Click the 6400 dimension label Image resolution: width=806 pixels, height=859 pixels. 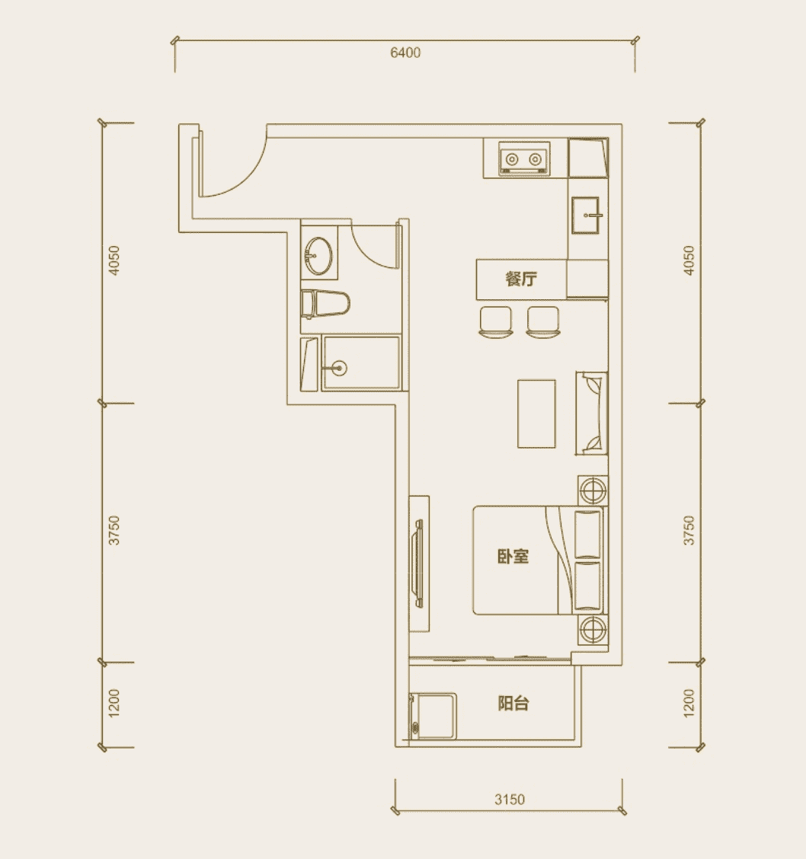[x=405, y=53]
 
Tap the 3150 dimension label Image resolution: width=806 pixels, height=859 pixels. [x=510, y=800]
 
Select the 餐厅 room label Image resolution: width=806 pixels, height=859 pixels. [x=521, y=279]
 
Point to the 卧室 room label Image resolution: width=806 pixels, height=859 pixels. [x=513, y=557]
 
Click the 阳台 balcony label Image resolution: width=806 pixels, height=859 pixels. [x=513, y=704]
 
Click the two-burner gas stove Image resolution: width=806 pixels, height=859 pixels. [x=524, y=159]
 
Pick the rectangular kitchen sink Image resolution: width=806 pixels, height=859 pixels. [x=587, y=216]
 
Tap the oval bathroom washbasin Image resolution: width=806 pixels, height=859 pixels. [x=318, y=255]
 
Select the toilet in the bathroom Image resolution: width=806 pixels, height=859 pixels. [x=325, y=304]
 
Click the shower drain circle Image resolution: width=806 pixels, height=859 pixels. [x=340, y=368]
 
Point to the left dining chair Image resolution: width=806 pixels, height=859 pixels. [x=495, y=321]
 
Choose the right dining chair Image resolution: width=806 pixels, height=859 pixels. [x=542, y=321]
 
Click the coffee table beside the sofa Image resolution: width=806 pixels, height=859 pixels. [x=536, y=414]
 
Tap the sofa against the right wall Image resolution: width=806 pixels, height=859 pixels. [x=591, y=414]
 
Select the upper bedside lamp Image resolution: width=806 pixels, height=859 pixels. [x=593, y=490]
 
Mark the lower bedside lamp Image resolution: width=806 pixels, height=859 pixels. [x=593, y=630]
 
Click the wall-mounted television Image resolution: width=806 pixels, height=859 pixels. [x=418, y=564]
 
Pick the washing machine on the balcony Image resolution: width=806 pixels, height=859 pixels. [x=433, y=716]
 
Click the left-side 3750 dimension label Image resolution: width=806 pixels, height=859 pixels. [x=114, y=530]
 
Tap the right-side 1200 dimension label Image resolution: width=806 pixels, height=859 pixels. [x=689, y=704]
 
